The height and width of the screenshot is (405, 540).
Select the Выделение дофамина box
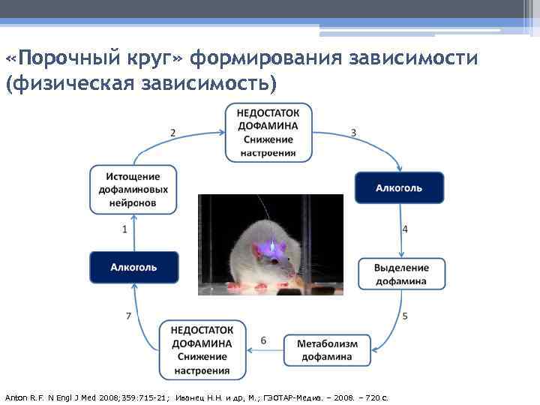[x=401, y=274]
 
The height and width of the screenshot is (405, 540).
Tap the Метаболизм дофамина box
[x=327, y=350]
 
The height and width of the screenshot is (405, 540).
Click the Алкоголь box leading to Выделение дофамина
[x=398, y=187]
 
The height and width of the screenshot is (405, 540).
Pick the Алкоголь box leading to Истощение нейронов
[x=134, y=267]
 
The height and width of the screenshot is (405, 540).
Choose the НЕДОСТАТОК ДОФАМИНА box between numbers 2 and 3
[x=268, y=133]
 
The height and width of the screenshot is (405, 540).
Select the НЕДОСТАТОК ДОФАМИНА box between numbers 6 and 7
[x=202, y=350]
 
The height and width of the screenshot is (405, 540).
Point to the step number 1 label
[x=124, y=229]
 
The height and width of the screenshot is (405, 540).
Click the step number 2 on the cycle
[x=173, y=133]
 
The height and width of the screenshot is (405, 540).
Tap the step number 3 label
[x=353, y=133]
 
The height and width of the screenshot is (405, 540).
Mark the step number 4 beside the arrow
[x=405, y=229]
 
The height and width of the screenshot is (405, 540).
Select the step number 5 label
[x=405, y=316]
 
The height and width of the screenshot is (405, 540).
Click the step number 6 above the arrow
[x=263, y=340]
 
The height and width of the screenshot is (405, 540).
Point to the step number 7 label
[x=129, y=316]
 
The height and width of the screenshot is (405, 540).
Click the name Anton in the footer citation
[x=16, y=396]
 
